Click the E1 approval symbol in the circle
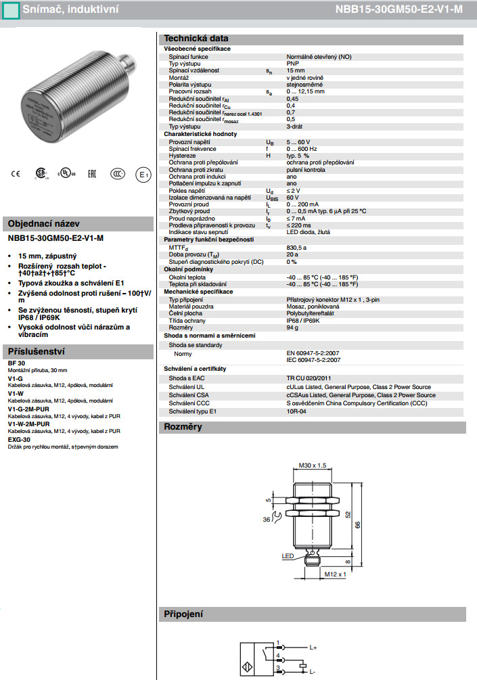point(143,174)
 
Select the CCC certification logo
point(118,173)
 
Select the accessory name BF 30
point(16,364)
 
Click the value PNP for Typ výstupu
point(292,64)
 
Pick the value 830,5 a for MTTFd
point(296,248)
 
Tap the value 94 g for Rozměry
point(292,327)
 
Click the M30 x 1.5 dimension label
point(313,465)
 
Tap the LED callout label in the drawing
point(288,556)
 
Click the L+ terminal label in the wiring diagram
point(313,648)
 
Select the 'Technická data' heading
point(196,39)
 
